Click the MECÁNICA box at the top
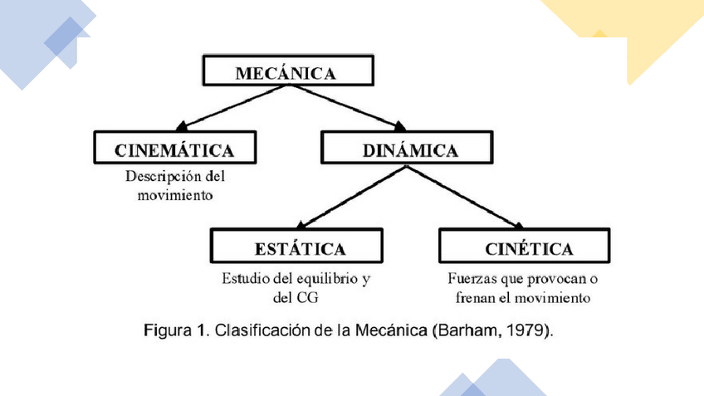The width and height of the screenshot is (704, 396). (285, 73)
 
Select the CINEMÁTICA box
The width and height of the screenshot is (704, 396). (174, 150)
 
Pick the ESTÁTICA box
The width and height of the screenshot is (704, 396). (299, 248)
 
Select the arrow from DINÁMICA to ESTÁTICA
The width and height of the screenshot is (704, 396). (353, 196)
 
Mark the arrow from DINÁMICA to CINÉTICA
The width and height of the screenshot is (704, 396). (465, 196)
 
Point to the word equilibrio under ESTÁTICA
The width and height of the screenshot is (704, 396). (320, 278)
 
